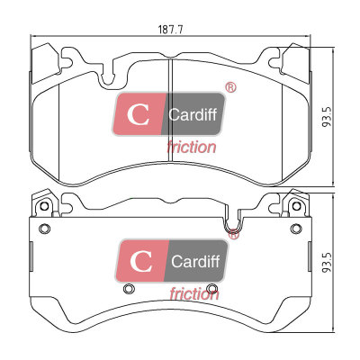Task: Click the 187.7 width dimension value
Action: click(170, 30)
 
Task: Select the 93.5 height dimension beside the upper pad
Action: click(327, 116)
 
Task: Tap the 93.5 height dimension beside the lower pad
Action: click(327, 262)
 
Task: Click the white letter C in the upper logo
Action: click(138, 114)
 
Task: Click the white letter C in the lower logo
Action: click(140, 261)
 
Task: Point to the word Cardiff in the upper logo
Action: click(193, 114)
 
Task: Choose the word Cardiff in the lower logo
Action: click(195, 261)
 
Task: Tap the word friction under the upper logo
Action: click(191, 147)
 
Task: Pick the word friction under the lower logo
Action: click(194, 294)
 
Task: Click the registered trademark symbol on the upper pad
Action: click(230, 87)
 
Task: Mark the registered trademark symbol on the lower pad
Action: click(233, 234)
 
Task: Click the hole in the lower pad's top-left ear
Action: click(44, 206)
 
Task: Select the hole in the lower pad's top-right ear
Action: click(296, 206)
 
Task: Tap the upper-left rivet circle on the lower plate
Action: click(45, 229)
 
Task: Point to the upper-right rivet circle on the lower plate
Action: click(296, 229)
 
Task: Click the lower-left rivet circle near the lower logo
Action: click(129, 288)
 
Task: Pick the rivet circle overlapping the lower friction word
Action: click(212, 288)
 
